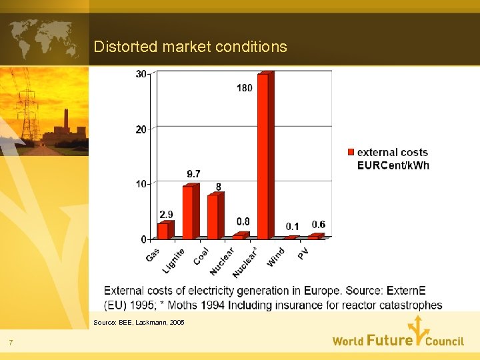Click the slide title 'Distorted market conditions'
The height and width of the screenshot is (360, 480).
click(x=190, y=47)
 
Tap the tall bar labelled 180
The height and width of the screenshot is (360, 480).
click(x=263, y=157)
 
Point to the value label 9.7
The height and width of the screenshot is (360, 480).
click(x=193, y=173)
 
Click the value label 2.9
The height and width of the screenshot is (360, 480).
click(x=166, y=214)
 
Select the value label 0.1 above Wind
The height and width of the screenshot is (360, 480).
click(x=293, y=227)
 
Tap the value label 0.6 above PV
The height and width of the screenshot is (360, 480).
click(x=319, y=225)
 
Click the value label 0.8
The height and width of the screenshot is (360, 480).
click(x=243, y=221)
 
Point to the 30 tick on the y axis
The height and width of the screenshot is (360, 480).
click(x=141, y=74)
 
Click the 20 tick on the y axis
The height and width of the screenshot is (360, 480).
click(x=141, y=129)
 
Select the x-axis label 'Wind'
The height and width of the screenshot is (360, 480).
click(x=276, y=257)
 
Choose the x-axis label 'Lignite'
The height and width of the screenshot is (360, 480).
click(x=174, y=259)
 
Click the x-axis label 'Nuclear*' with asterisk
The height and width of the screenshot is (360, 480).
click(x=245, y=262)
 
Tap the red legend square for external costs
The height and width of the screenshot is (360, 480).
click(x=351, y=153)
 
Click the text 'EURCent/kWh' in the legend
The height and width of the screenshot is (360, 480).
click(x=393, y=165)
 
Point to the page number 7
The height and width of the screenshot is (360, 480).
click(x=11, y=343)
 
